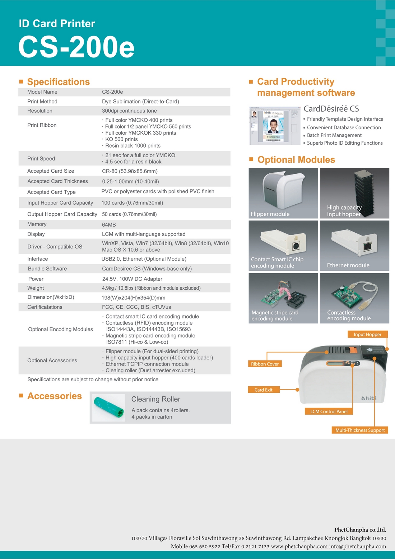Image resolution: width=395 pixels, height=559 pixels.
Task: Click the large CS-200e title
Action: pyautogui.click(x=76, y=47)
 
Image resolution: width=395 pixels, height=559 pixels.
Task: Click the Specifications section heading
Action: pyautogui.click(x=58, y=82)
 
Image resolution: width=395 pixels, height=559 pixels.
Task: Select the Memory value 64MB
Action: pyautogui.click(x=109, y=225)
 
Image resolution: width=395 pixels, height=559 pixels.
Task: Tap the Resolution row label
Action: pyautogui.click(x=40, y=111)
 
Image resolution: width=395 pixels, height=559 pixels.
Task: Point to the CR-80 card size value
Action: pyautogui.click(x=130, y=171)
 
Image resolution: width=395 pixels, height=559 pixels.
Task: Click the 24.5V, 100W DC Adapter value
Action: pyautogui.click(x=132, y=279)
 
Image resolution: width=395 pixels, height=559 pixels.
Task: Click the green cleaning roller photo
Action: pyautogui.click(x=108, y=407)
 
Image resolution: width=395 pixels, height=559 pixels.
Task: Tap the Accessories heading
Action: pyautogui.click(x=55, y=396)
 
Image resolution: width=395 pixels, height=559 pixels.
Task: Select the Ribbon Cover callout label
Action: pyautogui.click(x=265, y=364)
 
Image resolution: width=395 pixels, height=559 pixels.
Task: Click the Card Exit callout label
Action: pyautogui.click(x=264, y=390)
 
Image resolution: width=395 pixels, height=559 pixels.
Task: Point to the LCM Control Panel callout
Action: pyautogui.click(x=329, y=411)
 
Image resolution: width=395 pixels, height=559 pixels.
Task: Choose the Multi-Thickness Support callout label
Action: pyautogui.click(x=360, y=430)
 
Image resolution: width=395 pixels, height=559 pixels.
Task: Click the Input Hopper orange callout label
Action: pyautogui.click(x=367, y=335)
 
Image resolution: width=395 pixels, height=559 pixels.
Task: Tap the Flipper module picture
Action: pyautogui.click(x=283, y=193)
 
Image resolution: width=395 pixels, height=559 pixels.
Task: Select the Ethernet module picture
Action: pyautogui.click(x=354, y=246)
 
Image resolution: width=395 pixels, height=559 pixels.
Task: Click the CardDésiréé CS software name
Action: pyautogui.click(x=331, y=109)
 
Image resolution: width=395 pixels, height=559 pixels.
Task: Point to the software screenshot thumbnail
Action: pyautogui.click(x=275, y=126)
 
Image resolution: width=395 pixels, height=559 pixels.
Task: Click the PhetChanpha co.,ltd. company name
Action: pyautogui.click(x=360, y=530)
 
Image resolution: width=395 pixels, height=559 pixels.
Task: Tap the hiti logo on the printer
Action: pyautogui.click(x=369, y=398)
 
